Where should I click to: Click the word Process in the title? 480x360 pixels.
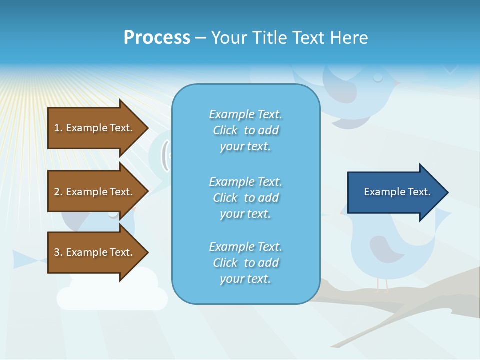[157, 37]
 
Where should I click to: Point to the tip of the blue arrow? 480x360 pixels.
[447, 192]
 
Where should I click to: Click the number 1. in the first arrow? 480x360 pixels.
[58, 128]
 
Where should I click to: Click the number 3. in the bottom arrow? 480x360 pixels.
[58, 252]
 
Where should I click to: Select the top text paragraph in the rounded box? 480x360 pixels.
[245, 130]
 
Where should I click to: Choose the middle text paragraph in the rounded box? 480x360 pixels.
[245, 198]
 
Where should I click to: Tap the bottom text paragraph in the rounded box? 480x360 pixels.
[245, 263]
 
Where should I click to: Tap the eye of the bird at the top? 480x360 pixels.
[378, 78]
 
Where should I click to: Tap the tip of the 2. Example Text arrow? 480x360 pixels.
[148, 192]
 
